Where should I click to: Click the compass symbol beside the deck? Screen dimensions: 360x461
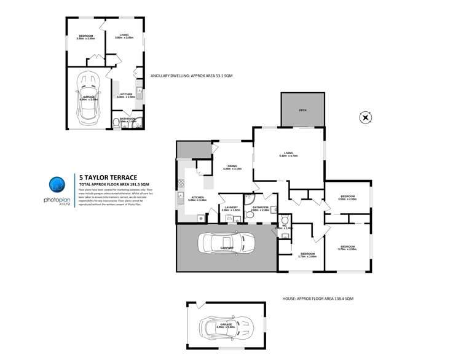[x=365, y=117]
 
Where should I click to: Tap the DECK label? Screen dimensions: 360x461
[x=302, y=110]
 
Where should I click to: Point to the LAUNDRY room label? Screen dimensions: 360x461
[x=230, y=208]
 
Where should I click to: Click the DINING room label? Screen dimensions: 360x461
[x=232, y=166]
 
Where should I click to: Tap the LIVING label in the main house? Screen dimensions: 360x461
[x=288, y=153]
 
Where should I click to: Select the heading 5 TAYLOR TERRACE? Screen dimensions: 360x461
[x=108, y=178]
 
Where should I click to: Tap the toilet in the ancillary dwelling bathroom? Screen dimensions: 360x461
[x=117, y=123]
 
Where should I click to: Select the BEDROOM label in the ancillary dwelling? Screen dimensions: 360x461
[x=85, y=36]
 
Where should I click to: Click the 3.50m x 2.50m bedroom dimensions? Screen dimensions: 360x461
[x=347, y=200]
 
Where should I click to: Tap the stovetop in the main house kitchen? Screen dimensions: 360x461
[x=180, y=182]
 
